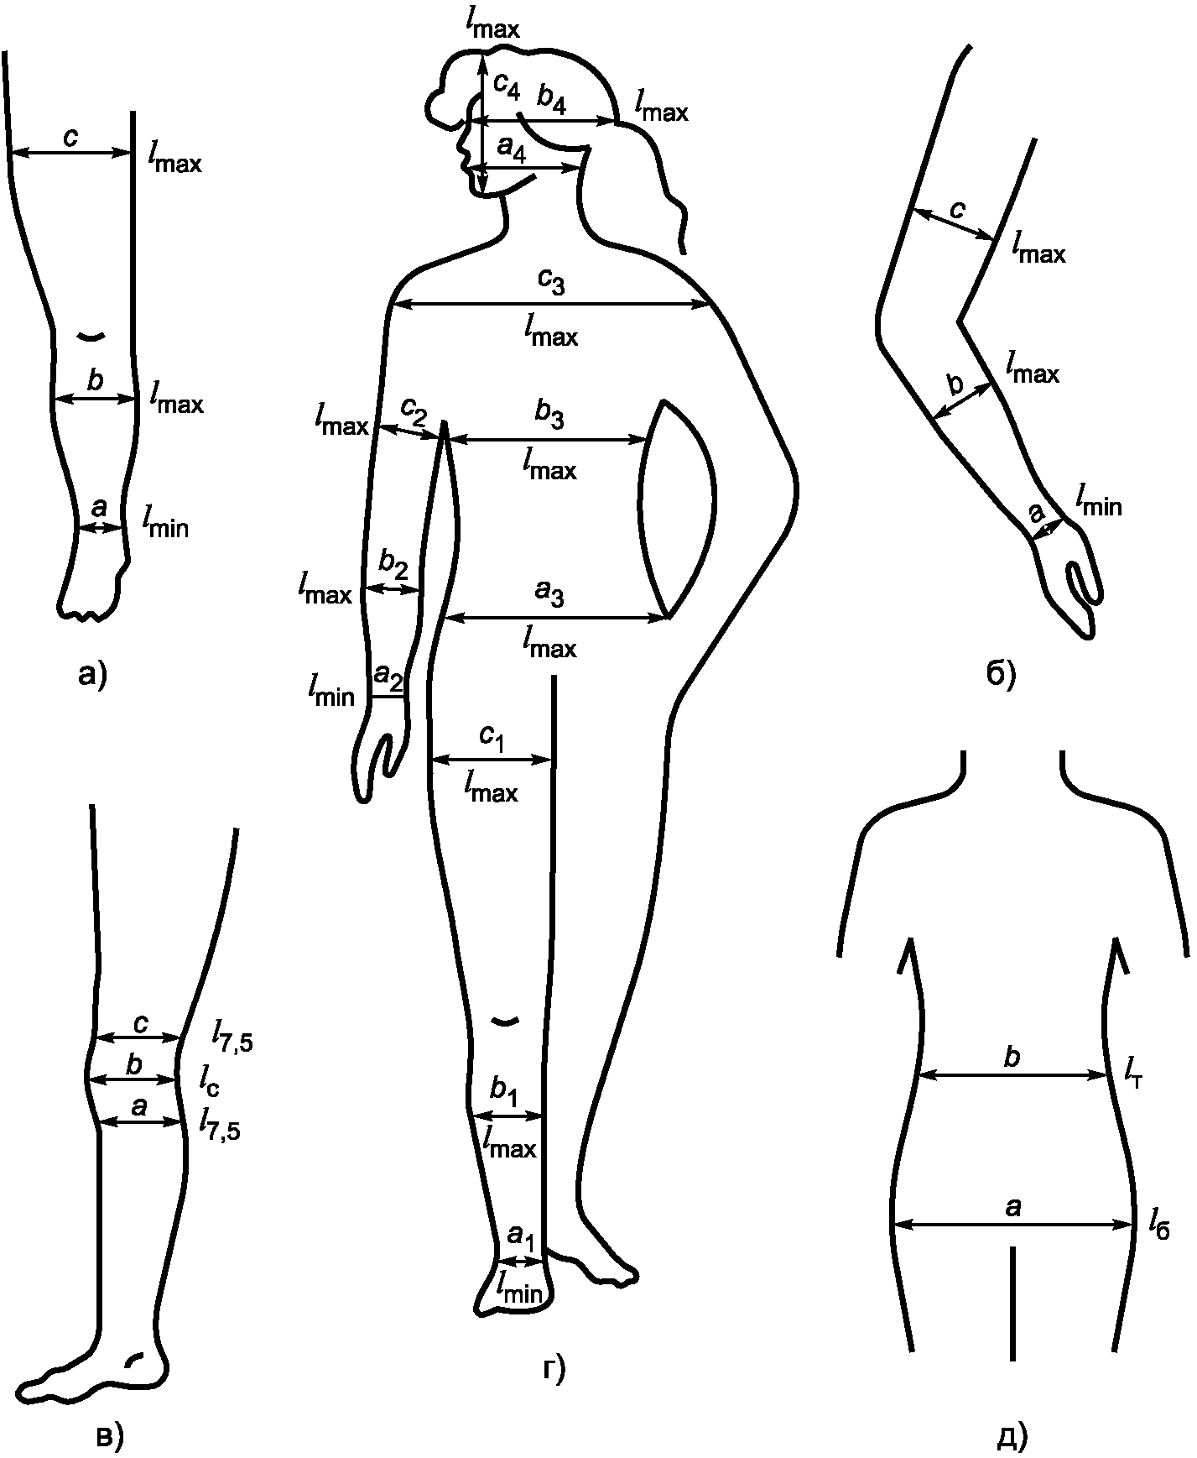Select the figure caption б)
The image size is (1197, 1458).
[1001, 672]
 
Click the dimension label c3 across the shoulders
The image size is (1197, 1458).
[551, 285]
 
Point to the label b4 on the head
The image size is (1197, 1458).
[551, 102]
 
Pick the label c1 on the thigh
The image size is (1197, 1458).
[492, 737]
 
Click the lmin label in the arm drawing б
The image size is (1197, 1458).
[1098, 504]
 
